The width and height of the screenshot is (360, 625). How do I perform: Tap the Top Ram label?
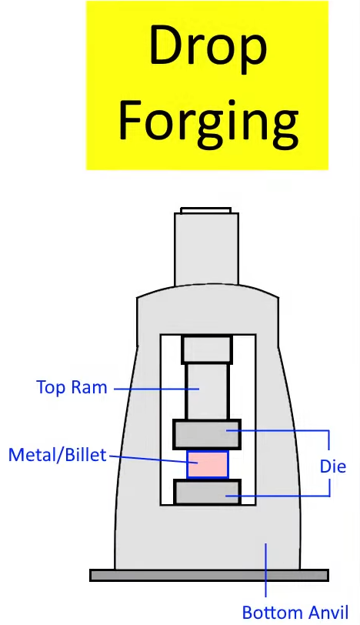coord(72,387)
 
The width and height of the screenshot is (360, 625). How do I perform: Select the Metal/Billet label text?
coord(58,455)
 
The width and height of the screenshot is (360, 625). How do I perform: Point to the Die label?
coord(333,466)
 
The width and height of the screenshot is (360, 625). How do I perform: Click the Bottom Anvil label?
coord(295,612)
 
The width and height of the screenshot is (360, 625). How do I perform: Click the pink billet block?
coord(208,464)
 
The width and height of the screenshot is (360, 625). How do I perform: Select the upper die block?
coord(207,434)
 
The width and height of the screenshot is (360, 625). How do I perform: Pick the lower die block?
coord(208,493)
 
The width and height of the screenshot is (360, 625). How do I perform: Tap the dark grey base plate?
coord(209,575)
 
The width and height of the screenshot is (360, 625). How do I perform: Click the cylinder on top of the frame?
coord(207,249)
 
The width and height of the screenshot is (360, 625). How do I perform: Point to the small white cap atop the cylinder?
coord(205,210)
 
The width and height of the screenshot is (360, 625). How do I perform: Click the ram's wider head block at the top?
coord(207,349)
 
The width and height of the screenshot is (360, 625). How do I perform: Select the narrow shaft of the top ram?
coord(207,391)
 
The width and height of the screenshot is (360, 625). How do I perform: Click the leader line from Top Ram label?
coord(156,389)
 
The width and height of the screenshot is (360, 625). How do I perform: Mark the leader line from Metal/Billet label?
coord(153,460)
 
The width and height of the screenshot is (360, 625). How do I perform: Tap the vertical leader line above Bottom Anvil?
coord(265,570)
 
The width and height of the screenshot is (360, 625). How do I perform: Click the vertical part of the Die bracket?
coord(329,463)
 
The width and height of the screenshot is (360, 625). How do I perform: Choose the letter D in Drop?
coord(168,46)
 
